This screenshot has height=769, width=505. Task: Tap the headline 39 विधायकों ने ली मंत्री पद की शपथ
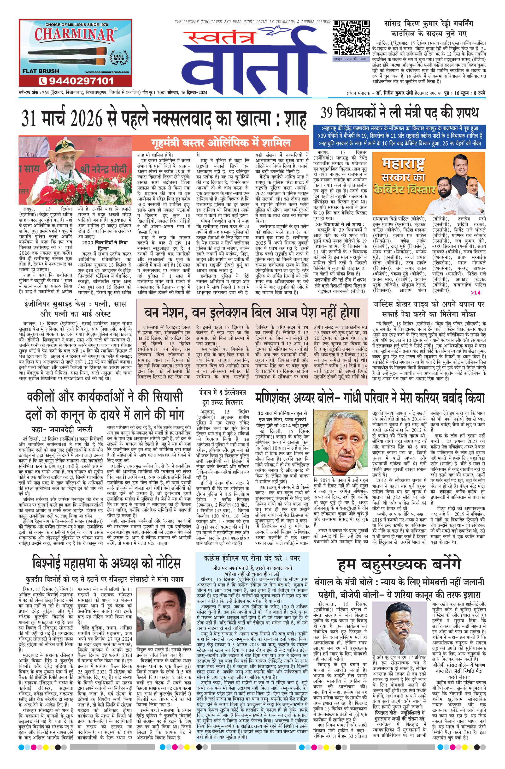coord(399,113)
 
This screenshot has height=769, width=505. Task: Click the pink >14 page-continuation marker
coord(475,292)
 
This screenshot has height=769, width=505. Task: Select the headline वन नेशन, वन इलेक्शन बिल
coord(252,313)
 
